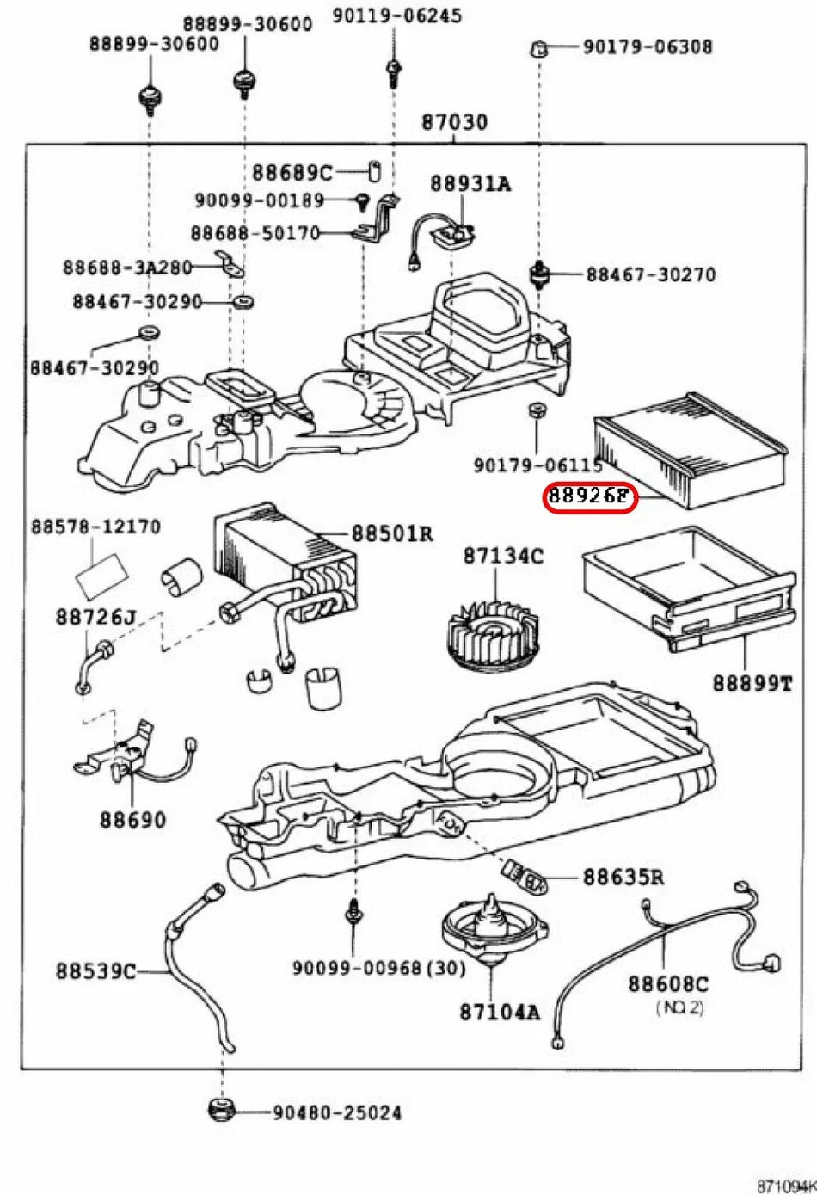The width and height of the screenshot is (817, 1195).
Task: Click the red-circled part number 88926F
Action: point(590,497)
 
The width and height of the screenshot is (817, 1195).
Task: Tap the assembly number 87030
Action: point(453,122)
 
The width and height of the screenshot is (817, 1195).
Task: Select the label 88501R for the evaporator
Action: point(392,534)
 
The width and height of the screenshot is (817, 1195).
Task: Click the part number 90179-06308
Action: point(648,46)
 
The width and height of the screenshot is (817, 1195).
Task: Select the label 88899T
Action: point(752,683)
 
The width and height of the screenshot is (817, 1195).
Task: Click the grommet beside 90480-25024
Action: point(222,1110)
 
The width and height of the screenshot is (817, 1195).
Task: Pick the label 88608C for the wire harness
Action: point(667,983)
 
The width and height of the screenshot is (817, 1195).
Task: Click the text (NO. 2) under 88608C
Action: point(679,1006)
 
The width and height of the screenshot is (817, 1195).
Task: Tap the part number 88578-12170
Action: point(95,526)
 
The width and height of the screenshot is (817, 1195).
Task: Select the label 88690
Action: point(132,819)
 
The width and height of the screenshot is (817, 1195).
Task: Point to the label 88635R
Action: point(623,877)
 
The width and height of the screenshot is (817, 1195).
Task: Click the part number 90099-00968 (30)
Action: point(378,968)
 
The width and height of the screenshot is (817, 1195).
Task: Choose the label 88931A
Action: point(470,183)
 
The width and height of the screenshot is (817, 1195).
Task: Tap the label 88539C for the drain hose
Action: point(95,971)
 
